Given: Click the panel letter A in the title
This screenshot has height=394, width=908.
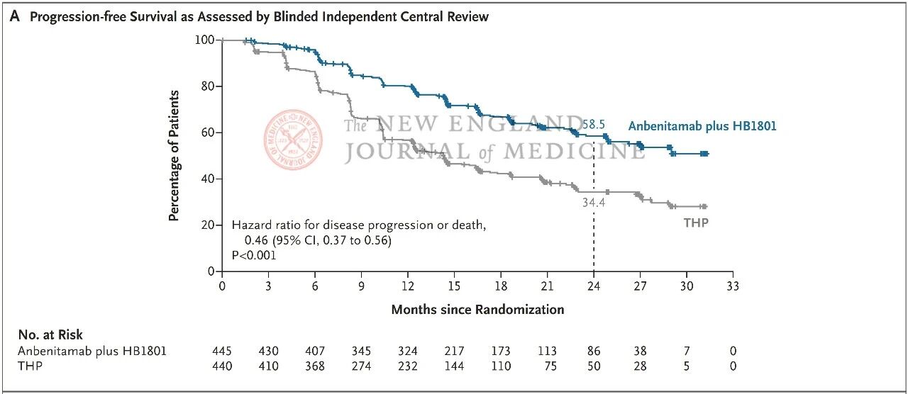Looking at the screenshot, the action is (15, 16).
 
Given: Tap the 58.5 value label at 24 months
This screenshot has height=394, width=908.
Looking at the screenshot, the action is (594, 124).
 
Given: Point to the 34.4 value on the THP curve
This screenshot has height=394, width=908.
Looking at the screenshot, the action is (594, 202).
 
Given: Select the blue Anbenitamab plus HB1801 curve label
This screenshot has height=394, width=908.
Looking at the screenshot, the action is (702, 126).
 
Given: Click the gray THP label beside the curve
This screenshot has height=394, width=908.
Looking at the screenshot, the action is (696, 223).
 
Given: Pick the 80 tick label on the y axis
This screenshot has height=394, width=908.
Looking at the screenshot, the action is (207, 86).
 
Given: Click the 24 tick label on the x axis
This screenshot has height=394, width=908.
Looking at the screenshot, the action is (594, 286).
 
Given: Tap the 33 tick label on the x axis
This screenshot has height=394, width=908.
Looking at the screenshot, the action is (733, 286).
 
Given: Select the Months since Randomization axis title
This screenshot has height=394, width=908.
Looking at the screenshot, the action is (477, 310).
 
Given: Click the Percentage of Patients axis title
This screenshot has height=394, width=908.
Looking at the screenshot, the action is (174, 156).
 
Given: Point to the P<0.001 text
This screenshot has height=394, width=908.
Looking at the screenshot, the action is (254, 256).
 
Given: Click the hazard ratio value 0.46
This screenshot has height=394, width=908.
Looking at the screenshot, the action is (256, 240).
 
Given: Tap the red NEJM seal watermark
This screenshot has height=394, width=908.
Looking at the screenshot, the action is (293, 140).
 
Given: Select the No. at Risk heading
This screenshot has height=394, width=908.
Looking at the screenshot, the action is (50, 335).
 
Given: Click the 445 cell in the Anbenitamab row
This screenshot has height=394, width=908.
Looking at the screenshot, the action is (222, 351).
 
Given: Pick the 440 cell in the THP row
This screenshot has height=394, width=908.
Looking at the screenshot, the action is (222, 366).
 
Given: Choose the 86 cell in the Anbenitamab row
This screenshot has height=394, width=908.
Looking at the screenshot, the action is (594, 351).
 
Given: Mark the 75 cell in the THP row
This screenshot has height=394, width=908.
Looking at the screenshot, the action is (550, 366).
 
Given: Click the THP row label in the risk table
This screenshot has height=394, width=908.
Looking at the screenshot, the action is (30, 366).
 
